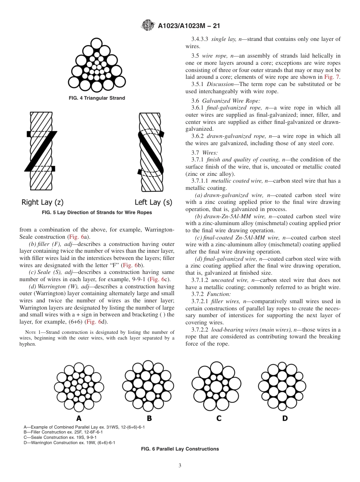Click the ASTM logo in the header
tap(147, 26)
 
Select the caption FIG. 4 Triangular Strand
tap(97, 98)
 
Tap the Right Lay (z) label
tap(42, 202)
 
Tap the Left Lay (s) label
tap(153, 202)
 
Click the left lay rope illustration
tap(151, 151)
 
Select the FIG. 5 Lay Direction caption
tap(97, 213)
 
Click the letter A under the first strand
tap(79, 418)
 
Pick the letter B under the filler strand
tap(149, 418)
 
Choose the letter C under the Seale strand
tap(219, 418)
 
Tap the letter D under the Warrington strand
tap(285, 418)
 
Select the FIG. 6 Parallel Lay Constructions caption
tap(180, 449)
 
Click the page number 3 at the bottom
tap(180, 466)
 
